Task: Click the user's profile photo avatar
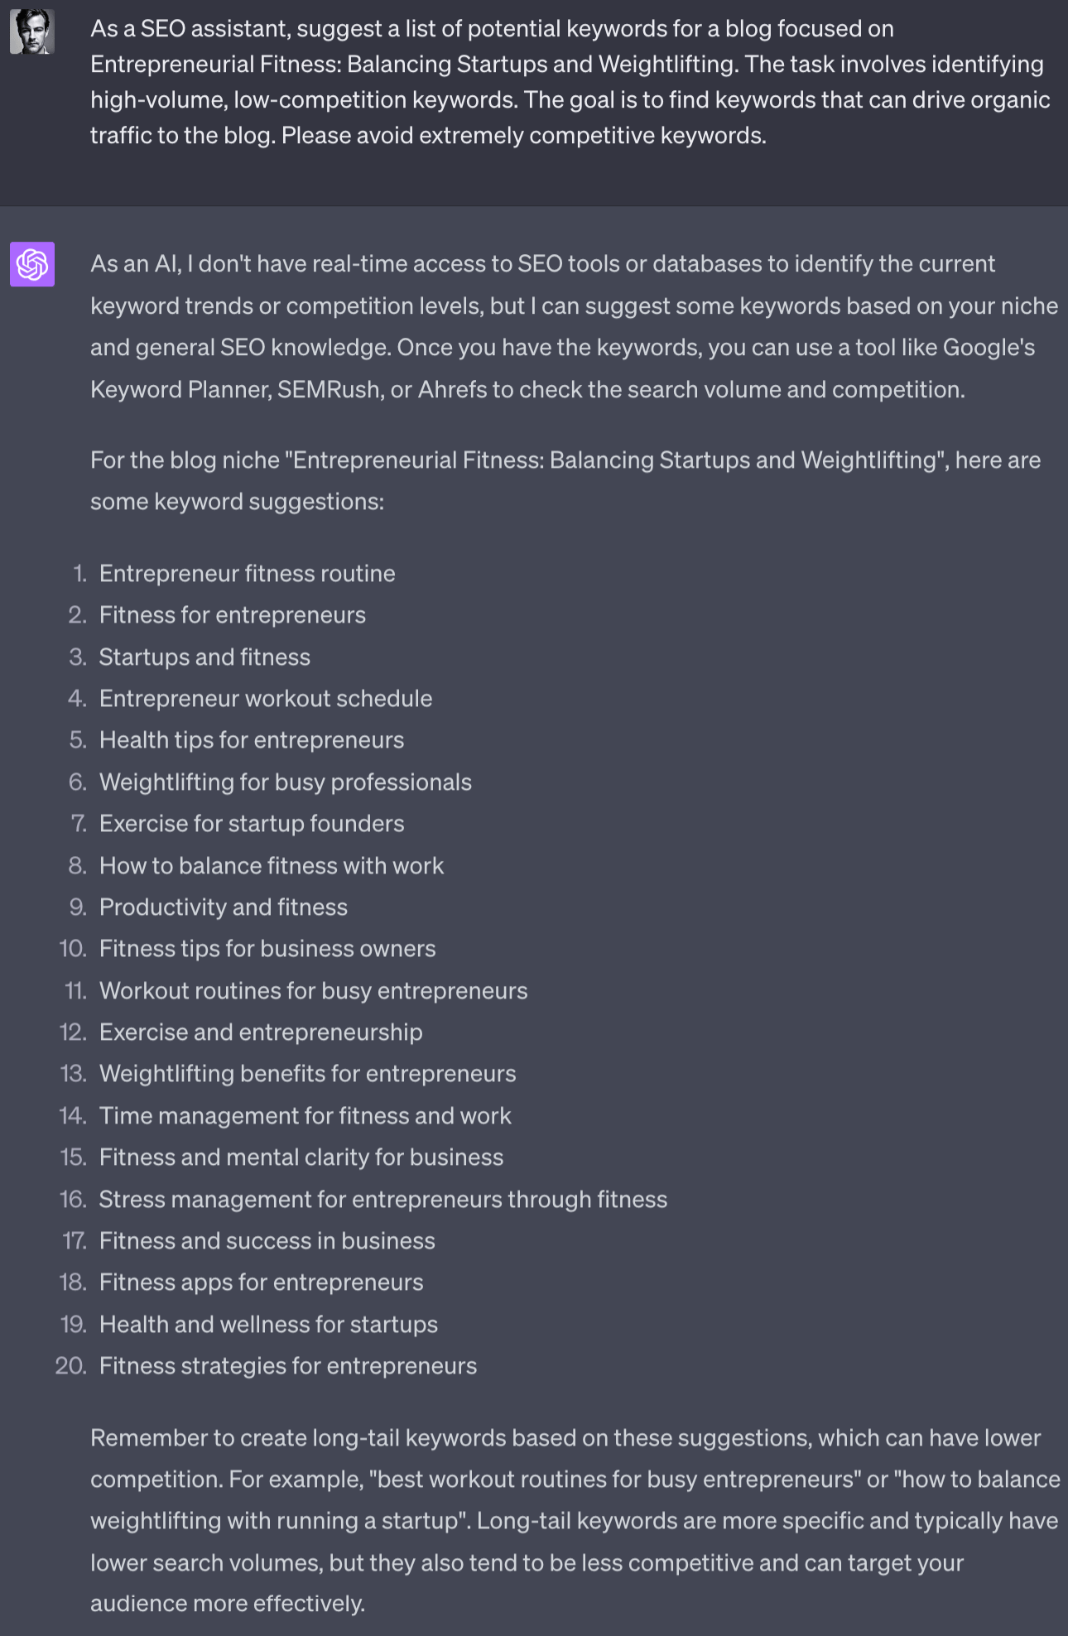pos(31,32)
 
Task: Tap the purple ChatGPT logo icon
pos(31,264)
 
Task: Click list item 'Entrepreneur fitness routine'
pos(247,573)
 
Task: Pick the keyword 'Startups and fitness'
pos(204,657)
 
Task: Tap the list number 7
pos(79,823)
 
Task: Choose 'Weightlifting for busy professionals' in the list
pos(285,782)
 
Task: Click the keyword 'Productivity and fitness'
pos(223,907)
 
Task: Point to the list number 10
pos(74,948)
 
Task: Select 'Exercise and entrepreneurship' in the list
pos(260,1032)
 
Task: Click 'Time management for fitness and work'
pos(305,1115)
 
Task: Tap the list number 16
pos(74,1199)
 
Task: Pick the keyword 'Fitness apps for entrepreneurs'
pos(261,1282)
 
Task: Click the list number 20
pos(71,1365)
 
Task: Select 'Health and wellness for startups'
pos(268,1324)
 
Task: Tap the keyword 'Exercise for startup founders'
pos(252,823)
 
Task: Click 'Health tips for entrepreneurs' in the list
pos(251,739)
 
